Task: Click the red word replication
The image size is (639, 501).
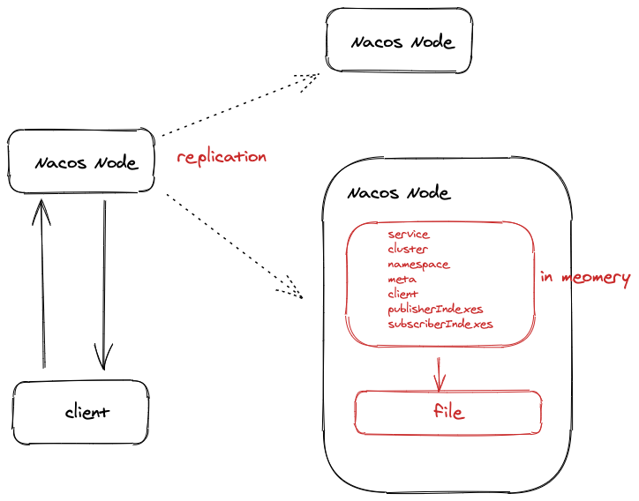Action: click(x=222, y=157)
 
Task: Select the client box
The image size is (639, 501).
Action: click(x=80, y=412)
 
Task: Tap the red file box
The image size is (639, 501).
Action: click(x=447, y=412)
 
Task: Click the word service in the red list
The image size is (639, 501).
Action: click(x=409, y=235)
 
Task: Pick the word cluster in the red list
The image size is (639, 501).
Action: click(x=408, y=249)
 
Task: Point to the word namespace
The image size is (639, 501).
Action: click(x=418, y=265)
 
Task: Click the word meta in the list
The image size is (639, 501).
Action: click(x=402, y=280)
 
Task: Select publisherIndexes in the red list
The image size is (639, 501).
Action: click(x=435, y=310)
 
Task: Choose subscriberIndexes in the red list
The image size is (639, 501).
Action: click(x=440, y=325)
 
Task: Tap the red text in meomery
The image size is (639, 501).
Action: click(x=585, y=278)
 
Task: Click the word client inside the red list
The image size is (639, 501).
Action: click(x=402, y=294)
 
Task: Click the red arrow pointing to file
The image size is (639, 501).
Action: click(x=439, y=375)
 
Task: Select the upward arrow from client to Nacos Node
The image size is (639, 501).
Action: click(x=42, y=283)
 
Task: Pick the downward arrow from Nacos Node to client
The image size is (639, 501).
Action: click(x=104, y=285)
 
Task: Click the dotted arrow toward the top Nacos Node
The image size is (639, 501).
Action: click(x=240, y=104)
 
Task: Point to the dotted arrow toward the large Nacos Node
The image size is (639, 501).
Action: click(x=234, y=246)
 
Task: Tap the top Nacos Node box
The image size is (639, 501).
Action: click(x=399, y=41)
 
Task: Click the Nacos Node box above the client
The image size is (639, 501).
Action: click(x=81, y=161)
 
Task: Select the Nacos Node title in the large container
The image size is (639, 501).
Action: click(x=399, y=192)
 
